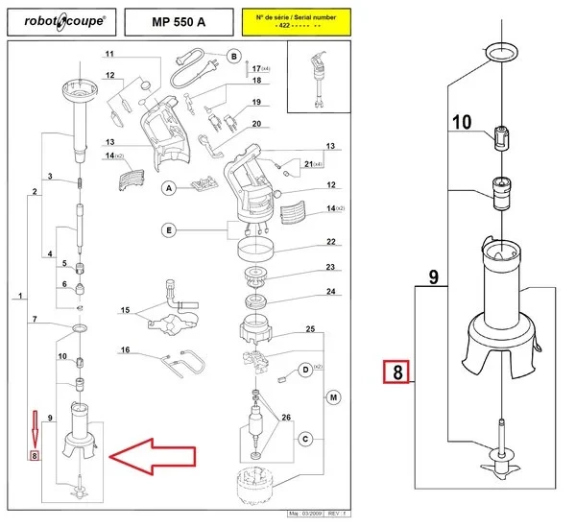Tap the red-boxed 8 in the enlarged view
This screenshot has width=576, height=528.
coord(396,372)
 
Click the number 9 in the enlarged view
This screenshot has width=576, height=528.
coord(433,278)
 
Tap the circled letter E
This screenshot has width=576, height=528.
coord(168,230)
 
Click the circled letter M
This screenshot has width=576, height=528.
coord(333,397)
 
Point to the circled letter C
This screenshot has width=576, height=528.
coord(305,440)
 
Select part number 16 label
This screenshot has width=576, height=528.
coord(125,351)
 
